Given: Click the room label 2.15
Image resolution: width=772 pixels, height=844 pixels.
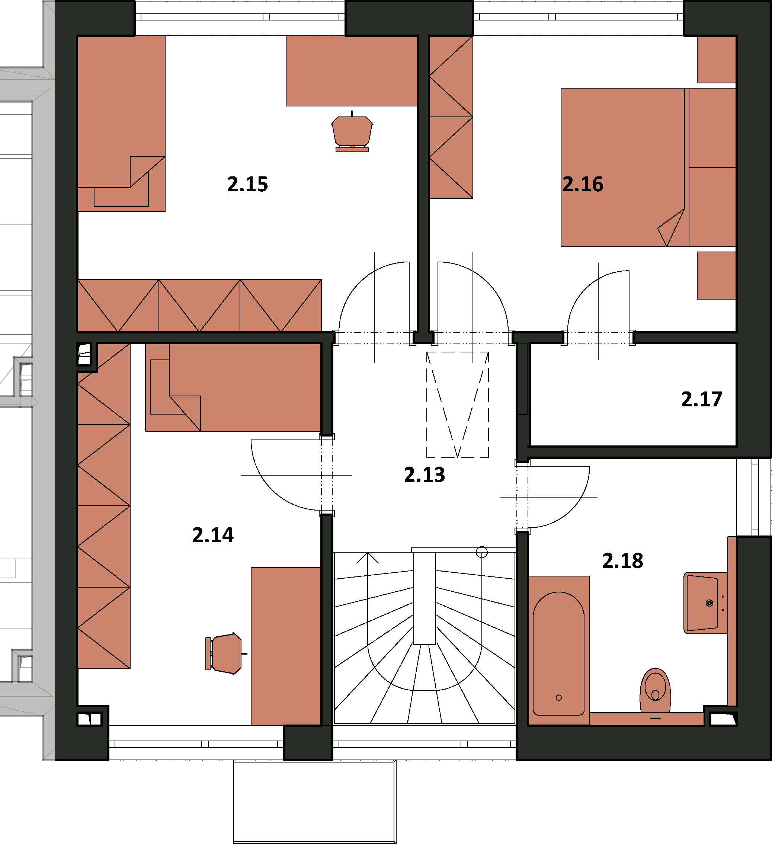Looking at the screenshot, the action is click(247, 184).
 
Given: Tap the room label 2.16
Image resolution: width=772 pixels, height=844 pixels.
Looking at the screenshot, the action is click(583, 184).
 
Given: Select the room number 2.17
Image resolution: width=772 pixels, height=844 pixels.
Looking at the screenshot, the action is click(702, 399).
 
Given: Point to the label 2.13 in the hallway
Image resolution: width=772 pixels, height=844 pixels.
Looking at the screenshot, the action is click(425, 475).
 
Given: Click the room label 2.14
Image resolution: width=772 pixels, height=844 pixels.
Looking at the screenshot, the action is click(213, 535).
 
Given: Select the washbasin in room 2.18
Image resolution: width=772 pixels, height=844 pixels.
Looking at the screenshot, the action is click(706, 603).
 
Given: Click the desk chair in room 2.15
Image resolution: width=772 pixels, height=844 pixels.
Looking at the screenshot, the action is click(352, 132).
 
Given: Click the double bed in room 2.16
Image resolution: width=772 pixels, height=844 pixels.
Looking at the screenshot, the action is click(648, 167).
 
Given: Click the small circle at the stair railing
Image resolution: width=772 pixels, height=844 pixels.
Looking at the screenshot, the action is click(482, 552).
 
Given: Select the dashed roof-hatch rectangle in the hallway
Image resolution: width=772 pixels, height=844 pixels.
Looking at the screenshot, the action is click(458, 405).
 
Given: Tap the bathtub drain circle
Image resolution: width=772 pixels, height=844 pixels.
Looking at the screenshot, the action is click(558, 697).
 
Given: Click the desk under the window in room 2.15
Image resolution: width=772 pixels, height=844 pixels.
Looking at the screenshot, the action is click(352, 71).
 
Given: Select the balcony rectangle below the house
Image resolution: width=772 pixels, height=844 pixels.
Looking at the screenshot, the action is click(314, 803).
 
